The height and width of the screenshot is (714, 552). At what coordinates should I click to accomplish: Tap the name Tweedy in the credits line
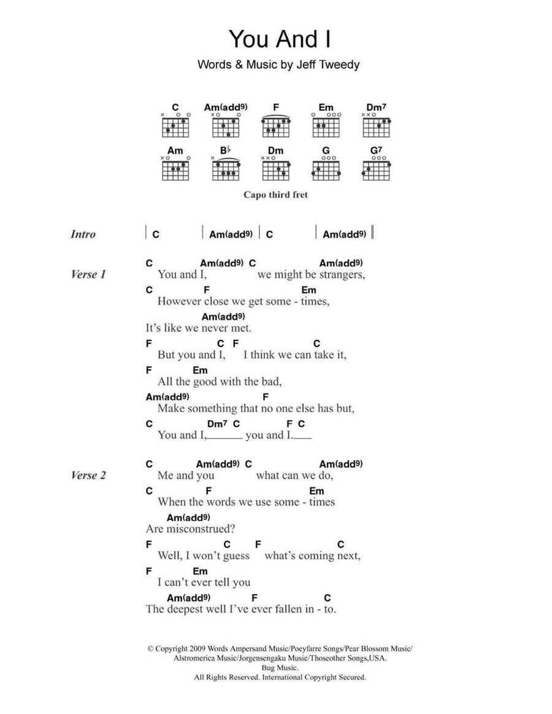(x=339, y=65)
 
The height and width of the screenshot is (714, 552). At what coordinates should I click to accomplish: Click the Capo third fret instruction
(x=275, y=195)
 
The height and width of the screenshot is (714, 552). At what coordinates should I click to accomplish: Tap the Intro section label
(x=83, y=234)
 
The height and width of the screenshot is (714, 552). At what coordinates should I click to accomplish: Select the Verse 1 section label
(x=88, y=275)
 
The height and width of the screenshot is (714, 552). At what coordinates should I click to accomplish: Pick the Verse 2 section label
(x=88, y=475)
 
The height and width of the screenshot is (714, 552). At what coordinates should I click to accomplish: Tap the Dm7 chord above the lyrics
(x=217, y=424)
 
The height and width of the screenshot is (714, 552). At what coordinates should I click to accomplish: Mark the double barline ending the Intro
(x=372, y=232)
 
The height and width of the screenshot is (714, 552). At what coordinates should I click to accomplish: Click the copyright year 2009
(x=197, y=649)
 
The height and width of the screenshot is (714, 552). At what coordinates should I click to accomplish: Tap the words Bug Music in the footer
(x=280, y=668)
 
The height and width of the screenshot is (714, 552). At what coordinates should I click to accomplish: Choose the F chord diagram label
(x=275, y=107)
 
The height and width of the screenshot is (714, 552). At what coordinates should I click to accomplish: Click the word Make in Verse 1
(x=169, y=409)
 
